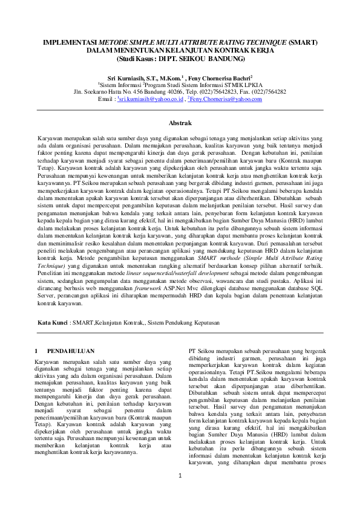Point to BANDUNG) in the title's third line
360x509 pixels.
(224, 59)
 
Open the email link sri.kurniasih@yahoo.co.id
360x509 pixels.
(149, 99)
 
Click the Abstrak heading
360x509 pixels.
(180, 122)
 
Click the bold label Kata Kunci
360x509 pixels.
(53, 323)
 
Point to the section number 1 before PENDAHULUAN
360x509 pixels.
(37, 351)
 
